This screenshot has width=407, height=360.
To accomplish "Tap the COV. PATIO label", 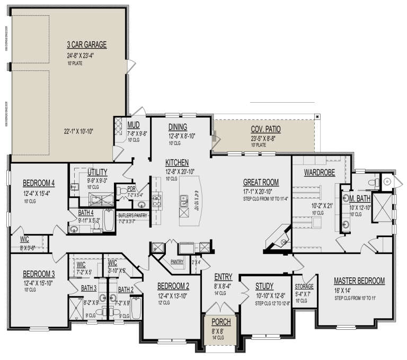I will pyautogui.click(x=266, y=129).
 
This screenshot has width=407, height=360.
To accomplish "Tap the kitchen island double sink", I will pyautogui.click(x=184, y=200).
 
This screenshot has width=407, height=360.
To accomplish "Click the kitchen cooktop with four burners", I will pyautogui.click(x=158, y=200).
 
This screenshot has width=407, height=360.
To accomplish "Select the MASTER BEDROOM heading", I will pyautogui.click(x=359, y=281).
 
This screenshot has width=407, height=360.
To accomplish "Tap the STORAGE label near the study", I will pyautogui.click(x=304, y=286).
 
